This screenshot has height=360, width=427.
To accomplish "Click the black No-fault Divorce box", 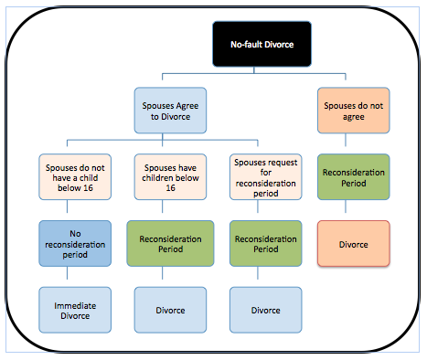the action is [262, 44].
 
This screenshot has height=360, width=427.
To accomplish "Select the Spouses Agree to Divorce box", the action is [170, 111].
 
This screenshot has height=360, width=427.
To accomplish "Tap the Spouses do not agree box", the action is [354, 111].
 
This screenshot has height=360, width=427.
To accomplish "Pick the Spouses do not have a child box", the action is [75, 177].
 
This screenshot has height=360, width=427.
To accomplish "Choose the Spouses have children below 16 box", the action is [170, 177].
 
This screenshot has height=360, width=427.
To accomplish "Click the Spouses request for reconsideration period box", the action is [266, 177].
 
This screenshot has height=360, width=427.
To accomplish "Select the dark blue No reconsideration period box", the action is [75, 243].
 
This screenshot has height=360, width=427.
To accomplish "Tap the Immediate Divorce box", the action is [75, 310].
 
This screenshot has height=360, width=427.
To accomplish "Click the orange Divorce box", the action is [354, 243].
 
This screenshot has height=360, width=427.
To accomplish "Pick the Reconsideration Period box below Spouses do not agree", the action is [354, 177].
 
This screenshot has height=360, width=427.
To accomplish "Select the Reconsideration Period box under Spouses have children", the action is [170, 243].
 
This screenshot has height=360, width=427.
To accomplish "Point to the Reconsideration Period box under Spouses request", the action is [266, 243].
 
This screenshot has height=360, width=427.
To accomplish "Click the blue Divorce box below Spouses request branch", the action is [266, 310].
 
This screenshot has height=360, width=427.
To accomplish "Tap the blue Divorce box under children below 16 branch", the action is [170, 310].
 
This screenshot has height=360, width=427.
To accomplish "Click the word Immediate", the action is [75, 305].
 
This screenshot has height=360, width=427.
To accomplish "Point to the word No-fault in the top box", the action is [246, 45].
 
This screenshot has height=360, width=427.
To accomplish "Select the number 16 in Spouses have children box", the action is [170, 188].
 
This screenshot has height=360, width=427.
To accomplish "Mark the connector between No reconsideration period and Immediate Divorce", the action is [67, 273].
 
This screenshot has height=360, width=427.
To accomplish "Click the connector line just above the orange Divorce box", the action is [346, 206].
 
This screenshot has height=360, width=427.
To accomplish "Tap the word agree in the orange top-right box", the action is [354, 117].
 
